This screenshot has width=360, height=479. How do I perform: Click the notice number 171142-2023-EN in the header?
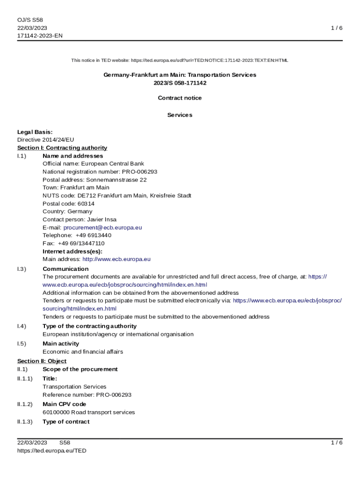pyautogui.click(x=40, y=36)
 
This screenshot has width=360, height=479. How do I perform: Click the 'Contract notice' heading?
pyautogui.click(x=180, y=98)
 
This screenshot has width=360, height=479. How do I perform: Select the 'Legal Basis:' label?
pyautogui.click(x=35, y=132)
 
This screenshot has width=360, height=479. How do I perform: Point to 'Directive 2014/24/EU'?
pyautogui.click(x=45, y=140)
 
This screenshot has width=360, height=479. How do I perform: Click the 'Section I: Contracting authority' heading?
pyautogui.click(x=62, y=148)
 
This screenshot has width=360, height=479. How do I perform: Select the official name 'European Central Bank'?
pyautogui.click(x=113, y=164)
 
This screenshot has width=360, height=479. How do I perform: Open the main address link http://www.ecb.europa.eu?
pyautogui.click(x=116, y=259)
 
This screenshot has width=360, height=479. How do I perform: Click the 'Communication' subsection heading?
pyautogui.click(x=65, y=269)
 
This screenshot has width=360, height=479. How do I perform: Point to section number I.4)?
pyautogui.click(x=22, y=326)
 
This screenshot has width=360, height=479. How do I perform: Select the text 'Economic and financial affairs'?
pyautogui.click(x=83, y=352)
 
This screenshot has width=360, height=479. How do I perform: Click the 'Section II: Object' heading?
pyautogui.click(x=42, y=361)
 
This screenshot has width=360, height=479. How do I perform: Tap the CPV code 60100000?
pyautogui.click(x=56, y=413)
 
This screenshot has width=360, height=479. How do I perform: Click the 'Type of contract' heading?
pyautogui.click(x=66, y=422)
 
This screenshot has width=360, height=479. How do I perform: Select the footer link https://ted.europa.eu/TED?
pyautogui.click(x=52, y=451)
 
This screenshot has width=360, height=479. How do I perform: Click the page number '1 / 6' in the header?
pyautogui.click(x=337, y=28)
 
